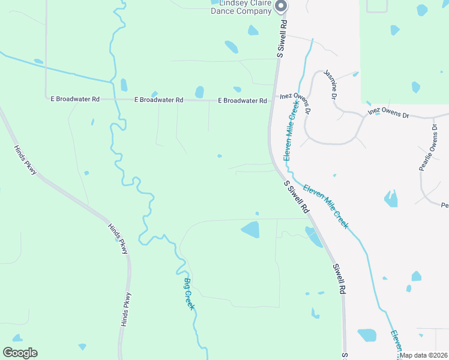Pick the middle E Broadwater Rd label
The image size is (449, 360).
coord(158,100)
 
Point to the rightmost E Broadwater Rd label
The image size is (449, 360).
coord(243,101)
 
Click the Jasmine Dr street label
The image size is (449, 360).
coord(331,84)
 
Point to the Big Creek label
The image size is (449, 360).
coord(189,293)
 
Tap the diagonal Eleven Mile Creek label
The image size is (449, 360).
coord(325,205)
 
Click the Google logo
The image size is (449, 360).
coord(20,353)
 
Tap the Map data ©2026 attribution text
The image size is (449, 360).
coord(424,355)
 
